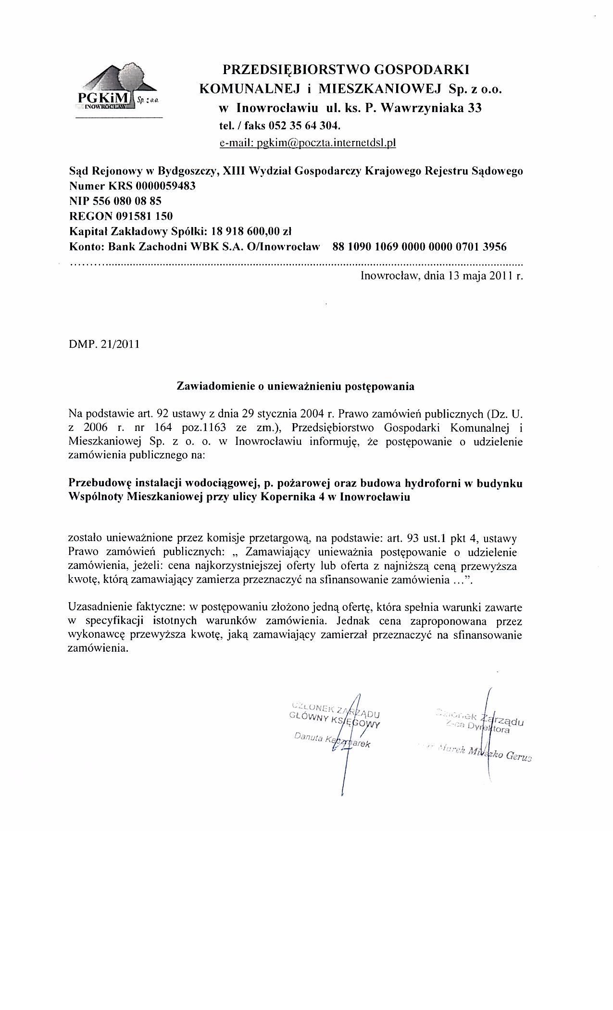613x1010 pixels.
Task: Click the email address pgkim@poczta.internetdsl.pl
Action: pyautogui.click(x=307, y=143)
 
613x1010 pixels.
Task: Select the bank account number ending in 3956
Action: pyautogui.click(x=419, y=247)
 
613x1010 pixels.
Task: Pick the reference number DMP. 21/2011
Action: pyautogui.click(x=104, y=344)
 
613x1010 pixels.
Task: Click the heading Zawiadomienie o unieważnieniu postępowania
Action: pyautogui.click(x=296, y=386)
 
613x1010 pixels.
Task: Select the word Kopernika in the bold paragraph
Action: pyautogui.click(x=283, y=497)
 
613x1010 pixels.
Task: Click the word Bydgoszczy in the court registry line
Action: pyautogui.click(x=187, y=171)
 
